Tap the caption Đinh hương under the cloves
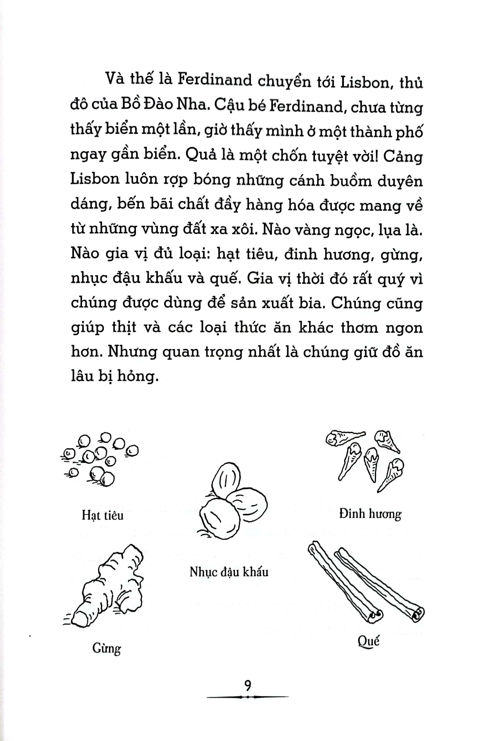coord(370,514)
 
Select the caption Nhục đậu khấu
coord(229,572)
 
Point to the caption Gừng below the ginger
coord(106,648)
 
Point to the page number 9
coord(248,685)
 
